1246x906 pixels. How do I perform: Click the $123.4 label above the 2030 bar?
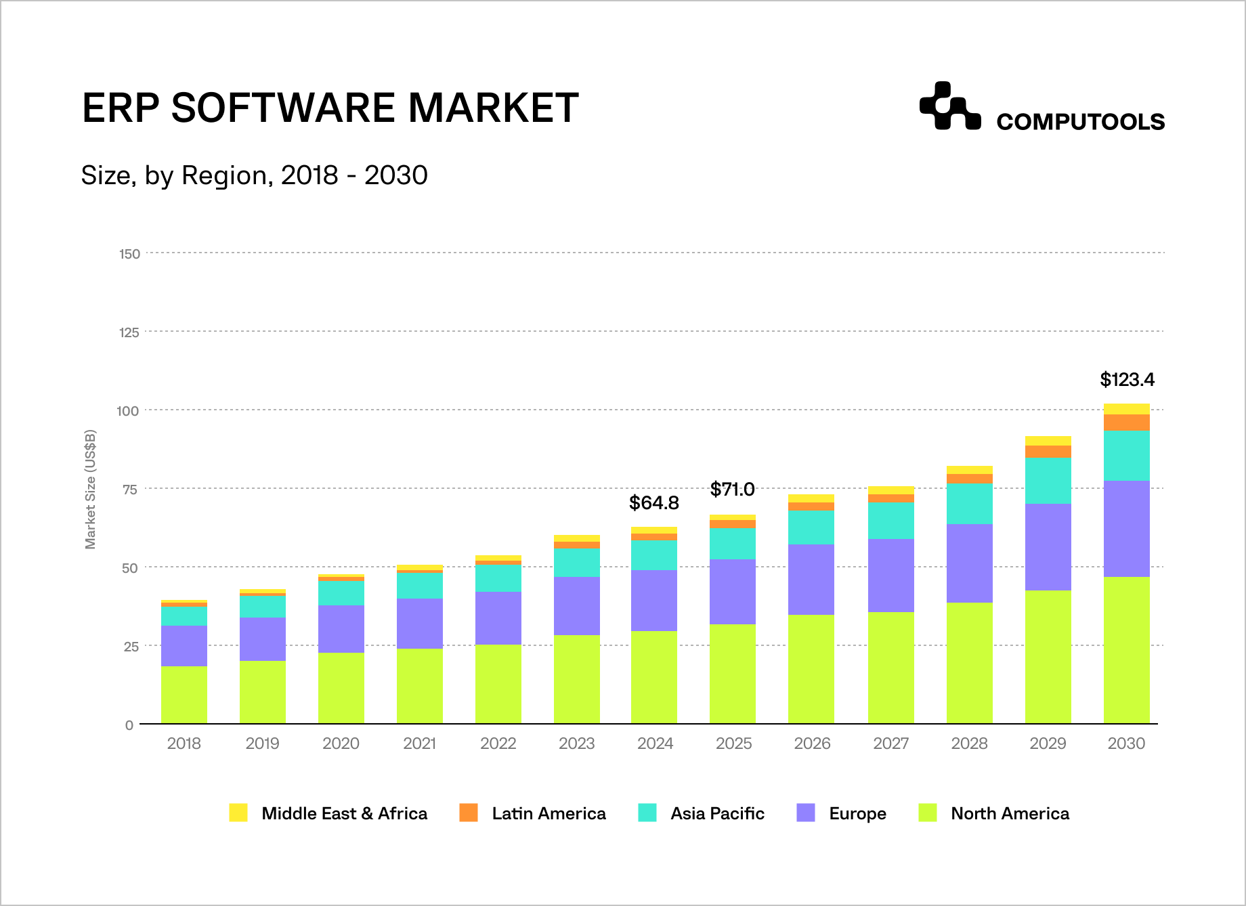(1127, 380)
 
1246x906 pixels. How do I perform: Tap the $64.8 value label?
(653, 503)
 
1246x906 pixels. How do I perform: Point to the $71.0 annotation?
(732, 489)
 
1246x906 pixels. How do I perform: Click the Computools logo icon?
(949, 106)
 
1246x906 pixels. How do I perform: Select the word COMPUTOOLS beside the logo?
(1080, 122)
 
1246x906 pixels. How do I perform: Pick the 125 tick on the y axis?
(129, 332)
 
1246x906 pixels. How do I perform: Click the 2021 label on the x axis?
(419, 743)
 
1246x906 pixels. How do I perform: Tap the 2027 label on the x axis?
(890, 743)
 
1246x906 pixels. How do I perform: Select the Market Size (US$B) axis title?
(90, 489)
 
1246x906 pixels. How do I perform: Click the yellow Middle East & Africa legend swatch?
(238, 813)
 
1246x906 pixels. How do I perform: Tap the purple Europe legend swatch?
(806, 813)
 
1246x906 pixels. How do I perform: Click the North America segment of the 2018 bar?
(184, 695)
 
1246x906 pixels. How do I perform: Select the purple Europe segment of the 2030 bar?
(1126, 528)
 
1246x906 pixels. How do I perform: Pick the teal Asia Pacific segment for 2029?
(1048, 480)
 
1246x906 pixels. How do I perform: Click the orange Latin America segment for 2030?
(1126, 423)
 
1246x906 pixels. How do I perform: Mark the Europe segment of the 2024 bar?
(653, 600)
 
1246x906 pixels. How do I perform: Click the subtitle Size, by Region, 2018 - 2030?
(254, 175)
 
